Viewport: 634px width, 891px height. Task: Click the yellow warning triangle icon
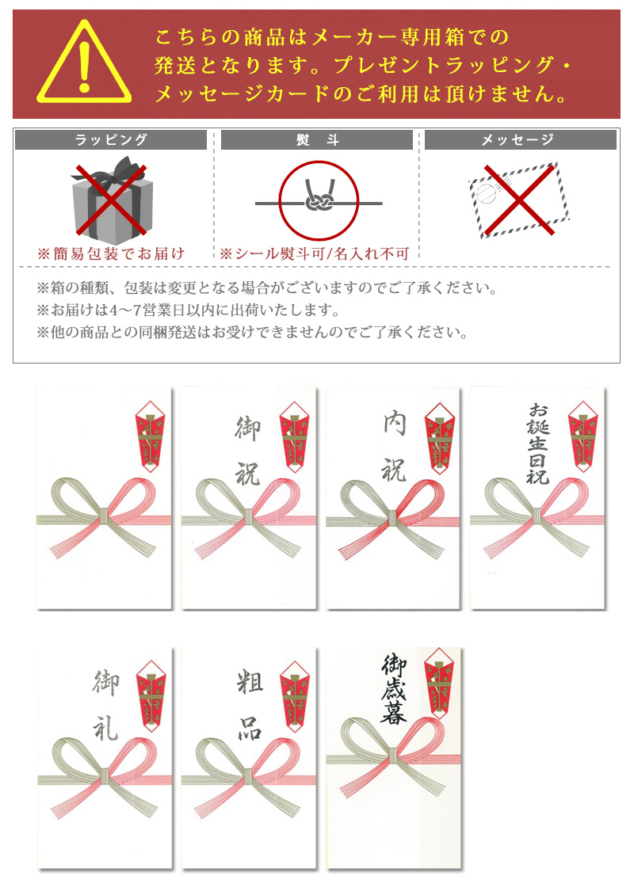[84, 63]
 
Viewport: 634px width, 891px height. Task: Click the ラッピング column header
[111, 139]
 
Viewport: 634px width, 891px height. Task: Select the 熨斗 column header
[317, 139]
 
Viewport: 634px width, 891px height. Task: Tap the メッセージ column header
[521, 139]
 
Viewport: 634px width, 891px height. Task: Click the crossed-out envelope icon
[519, 200]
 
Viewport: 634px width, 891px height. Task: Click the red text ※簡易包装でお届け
[112, 253]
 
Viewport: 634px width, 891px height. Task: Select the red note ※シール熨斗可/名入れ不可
[315, 253]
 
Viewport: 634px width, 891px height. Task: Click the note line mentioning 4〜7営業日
[188, 310]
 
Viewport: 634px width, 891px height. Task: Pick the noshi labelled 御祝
[249, 498]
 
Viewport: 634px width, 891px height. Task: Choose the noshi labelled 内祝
[393, 498]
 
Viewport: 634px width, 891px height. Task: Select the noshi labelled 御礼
[105, 758]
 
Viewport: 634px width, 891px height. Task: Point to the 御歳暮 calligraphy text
[394, 689]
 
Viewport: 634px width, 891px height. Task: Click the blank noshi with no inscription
[104, 498]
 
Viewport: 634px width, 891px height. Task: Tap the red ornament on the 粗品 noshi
[295, 695]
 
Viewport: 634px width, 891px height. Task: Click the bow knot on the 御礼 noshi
[105, 776]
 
